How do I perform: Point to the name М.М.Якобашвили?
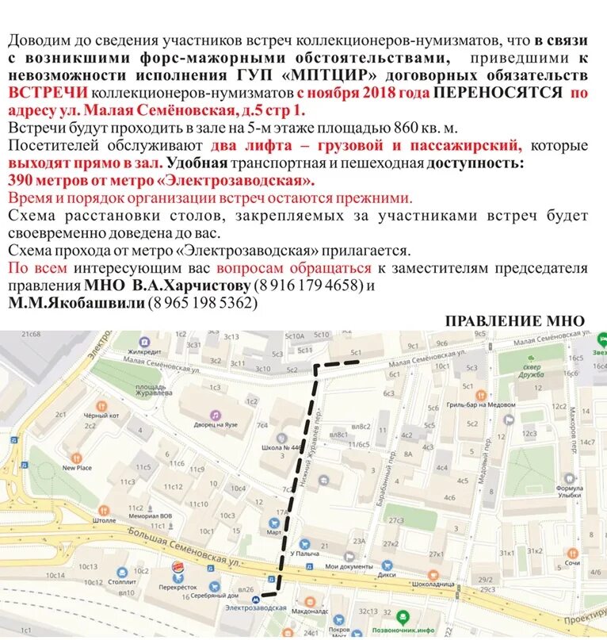(76, 302)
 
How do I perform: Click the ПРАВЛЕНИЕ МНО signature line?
(514, 321)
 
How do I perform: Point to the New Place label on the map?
(77, 467)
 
